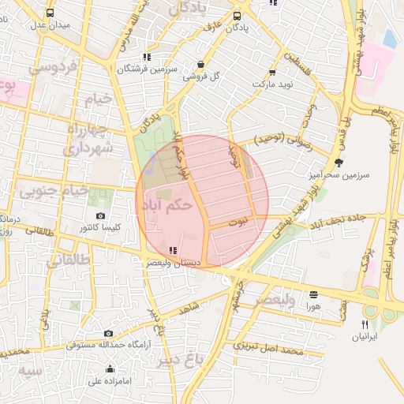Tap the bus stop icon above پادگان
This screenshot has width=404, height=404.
(238, 15)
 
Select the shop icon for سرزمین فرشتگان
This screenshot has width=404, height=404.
(147, 57)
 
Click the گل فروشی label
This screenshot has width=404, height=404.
(200, 77)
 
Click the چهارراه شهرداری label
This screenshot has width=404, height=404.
(89, 139)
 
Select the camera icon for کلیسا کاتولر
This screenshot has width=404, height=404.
(100, 216)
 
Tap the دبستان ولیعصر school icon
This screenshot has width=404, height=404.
(173, 250)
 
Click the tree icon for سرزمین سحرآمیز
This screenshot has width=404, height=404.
(339, 163)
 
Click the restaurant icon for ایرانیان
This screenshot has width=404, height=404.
(365, 324)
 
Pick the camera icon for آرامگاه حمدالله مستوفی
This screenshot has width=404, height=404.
(108, 333)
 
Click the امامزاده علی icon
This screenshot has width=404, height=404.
(110, 369)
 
